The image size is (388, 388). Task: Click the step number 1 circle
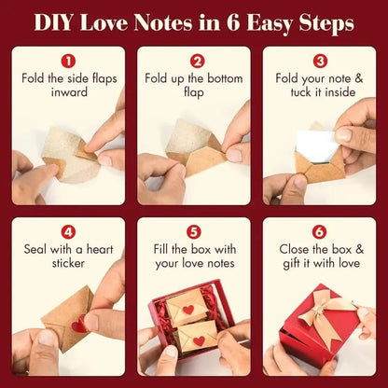click(x=67, y=60)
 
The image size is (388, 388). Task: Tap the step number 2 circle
click(x=194, y=60)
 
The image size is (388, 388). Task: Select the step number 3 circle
click(x=320, y=60)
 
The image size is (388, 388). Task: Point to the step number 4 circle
click(x=67, y=231)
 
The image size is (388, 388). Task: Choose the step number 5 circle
click(x=194, y=231)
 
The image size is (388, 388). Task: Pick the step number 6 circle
click(x=320, y=231)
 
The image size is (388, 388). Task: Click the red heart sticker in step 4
click(x=79, y=326)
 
